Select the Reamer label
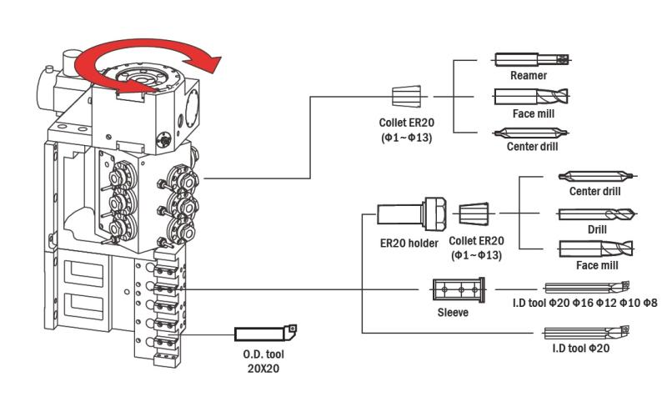529,75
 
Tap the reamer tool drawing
532,59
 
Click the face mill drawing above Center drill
531,97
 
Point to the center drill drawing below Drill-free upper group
531,133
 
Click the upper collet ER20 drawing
406,96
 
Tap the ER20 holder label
409,244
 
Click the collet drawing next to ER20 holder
474,214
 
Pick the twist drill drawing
597,214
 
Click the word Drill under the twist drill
597,230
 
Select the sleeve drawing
459,290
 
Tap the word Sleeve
453,313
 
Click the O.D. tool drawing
266,333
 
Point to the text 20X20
263,369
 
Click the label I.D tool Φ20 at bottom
580,349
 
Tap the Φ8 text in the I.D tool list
650,303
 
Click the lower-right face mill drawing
596,249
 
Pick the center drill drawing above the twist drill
597,176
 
